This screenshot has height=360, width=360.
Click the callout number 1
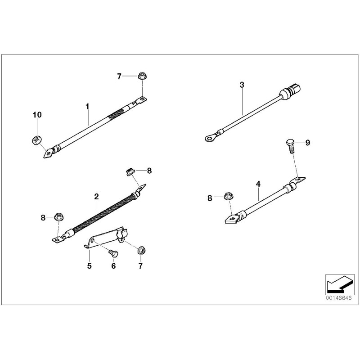[88, 106]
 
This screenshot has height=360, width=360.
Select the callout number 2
[96, 196]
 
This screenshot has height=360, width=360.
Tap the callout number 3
[242, 85]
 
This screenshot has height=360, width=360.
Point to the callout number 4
[258, 184]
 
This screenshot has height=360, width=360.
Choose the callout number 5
[89, 266]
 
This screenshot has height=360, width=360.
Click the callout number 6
[113, 266]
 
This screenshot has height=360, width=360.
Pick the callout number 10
[37, 115]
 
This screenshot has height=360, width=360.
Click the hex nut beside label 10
[36, 140]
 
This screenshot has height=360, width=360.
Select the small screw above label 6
[113, 254]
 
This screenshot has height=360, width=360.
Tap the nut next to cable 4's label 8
[229, 197]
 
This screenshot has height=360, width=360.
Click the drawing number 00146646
[338, 297]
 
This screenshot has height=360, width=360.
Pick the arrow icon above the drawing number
[337, 283]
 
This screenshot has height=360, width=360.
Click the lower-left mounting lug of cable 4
[231, 220]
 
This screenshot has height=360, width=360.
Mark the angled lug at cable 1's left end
[47, 153]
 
